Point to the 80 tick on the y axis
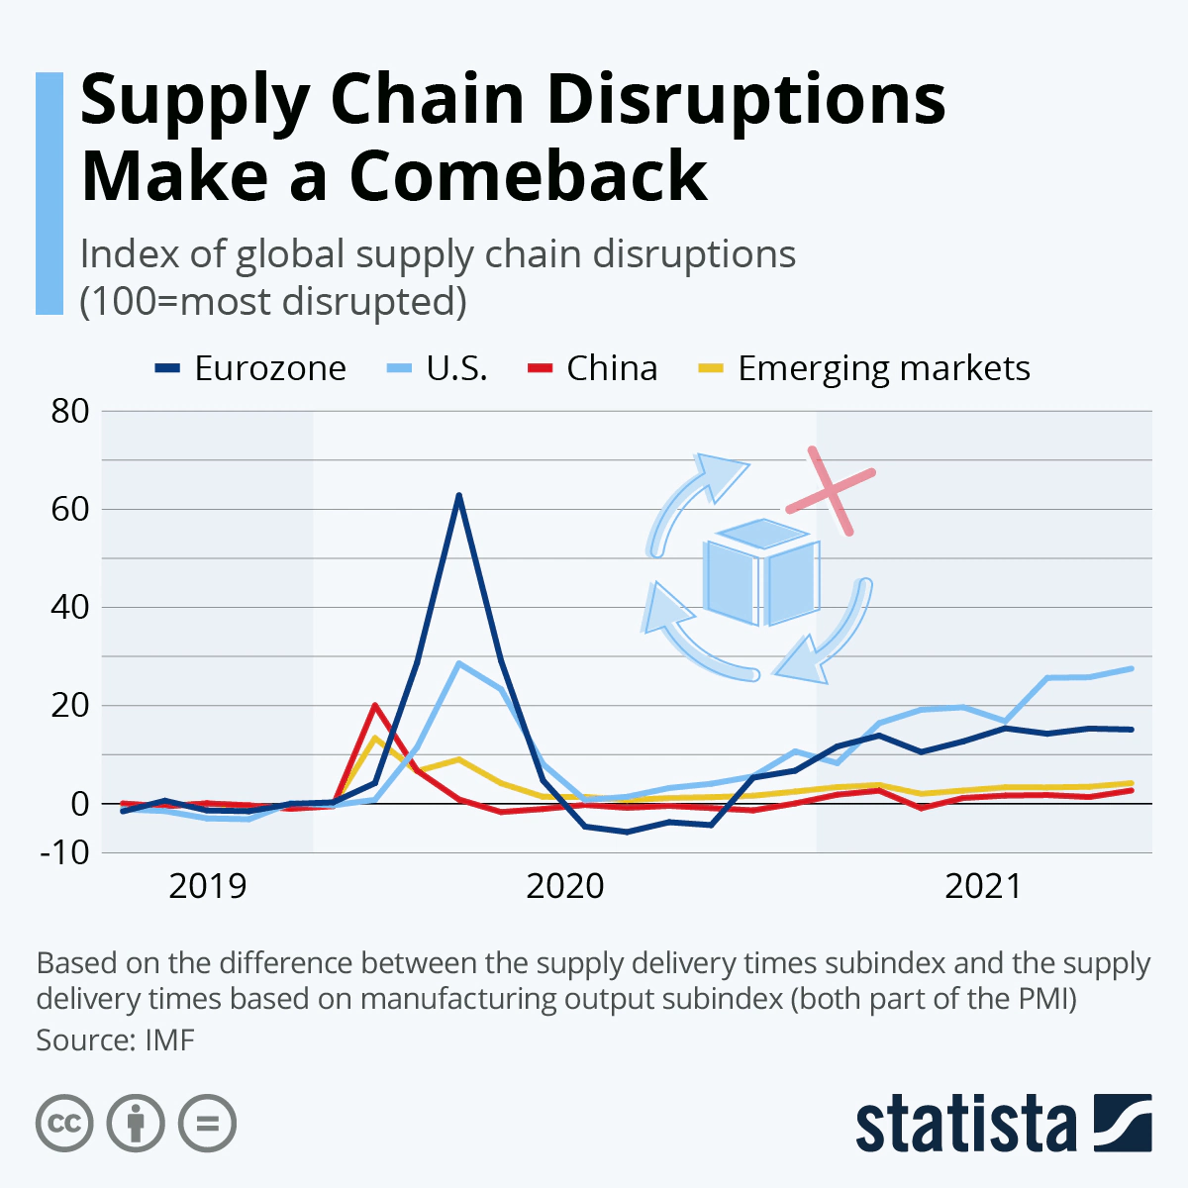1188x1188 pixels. pyautogui.click(x=69, y=411)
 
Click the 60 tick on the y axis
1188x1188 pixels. pyautogui.click(x=69, y=509)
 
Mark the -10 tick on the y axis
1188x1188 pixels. pyautogui.click(x=64, y=851)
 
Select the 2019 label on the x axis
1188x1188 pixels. pyautogui.click(x=207, y=886)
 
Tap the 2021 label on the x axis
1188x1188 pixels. pyautogui.click(x=982, y=886)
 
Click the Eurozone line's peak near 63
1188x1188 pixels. pyautogui.click(x=458, y=495)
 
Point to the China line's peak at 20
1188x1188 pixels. pyautogui.click(x=375, y=705)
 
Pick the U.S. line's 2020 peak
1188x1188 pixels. pyautogui.click(x=458, y=663)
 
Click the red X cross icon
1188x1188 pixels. pyautogui.click(x=831, y=491)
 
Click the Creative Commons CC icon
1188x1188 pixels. pyautogui.click(x=64, y=1124)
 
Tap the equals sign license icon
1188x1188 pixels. pyautogui.click(x=207, y=1124)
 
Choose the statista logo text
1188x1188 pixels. pyautogui.click(x=965, y=1124)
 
